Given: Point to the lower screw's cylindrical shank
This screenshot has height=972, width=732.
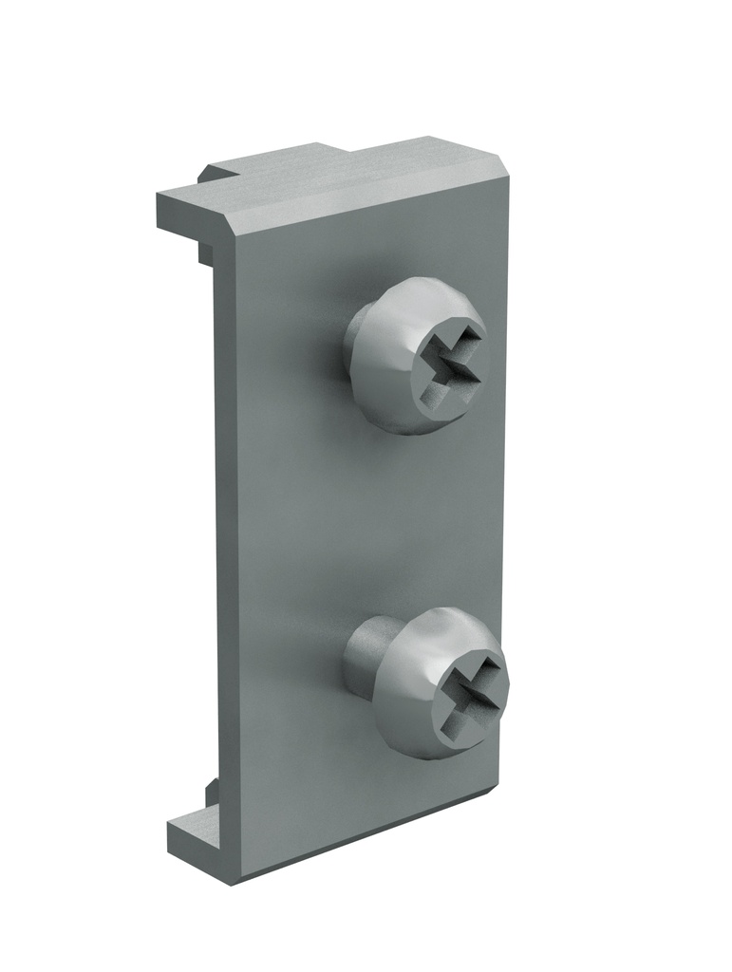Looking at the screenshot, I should coord(365,654).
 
